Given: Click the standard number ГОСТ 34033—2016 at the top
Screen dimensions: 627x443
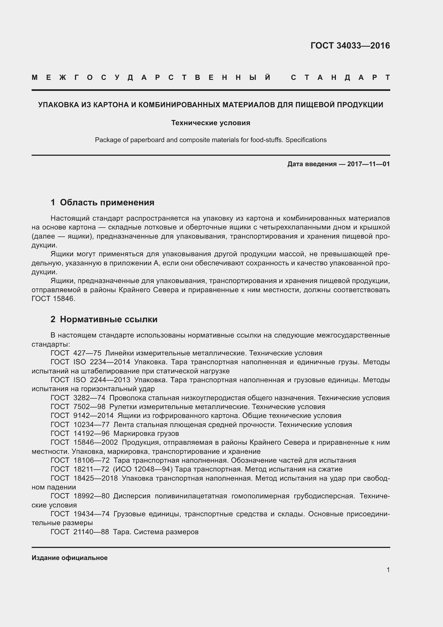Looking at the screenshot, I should (350, 46).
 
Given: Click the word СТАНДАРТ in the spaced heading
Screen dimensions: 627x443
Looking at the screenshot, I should (340, 77).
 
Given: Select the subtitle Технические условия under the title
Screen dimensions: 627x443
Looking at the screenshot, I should (211, 123).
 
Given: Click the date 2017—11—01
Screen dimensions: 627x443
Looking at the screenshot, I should (368, 164).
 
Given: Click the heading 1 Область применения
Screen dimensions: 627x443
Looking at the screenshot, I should (102, 202).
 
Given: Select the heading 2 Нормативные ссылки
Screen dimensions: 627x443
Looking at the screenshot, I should (104, 319).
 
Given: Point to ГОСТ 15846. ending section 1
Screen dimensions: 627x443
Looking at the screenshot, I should (53, 299).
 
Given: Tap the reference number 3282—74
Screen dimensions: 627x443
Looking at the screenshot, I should (89, 398).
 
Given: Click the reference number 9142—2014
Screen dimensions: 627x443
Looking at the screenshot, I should (93, 416).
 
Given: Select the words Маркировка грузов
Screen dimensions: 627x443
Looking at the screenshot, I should (146, 433).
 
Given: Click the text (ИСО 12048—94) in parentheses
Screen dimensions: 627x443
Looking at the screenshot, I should (143, 469).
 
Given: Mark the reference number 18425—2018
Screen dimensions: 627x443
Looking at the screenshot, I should (95, 478).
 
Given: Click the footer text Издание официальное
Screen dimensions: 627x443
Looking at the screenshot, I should (70, 558).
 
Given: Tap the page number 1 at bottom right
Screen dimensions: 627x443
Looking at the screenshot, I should (388, 570).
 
